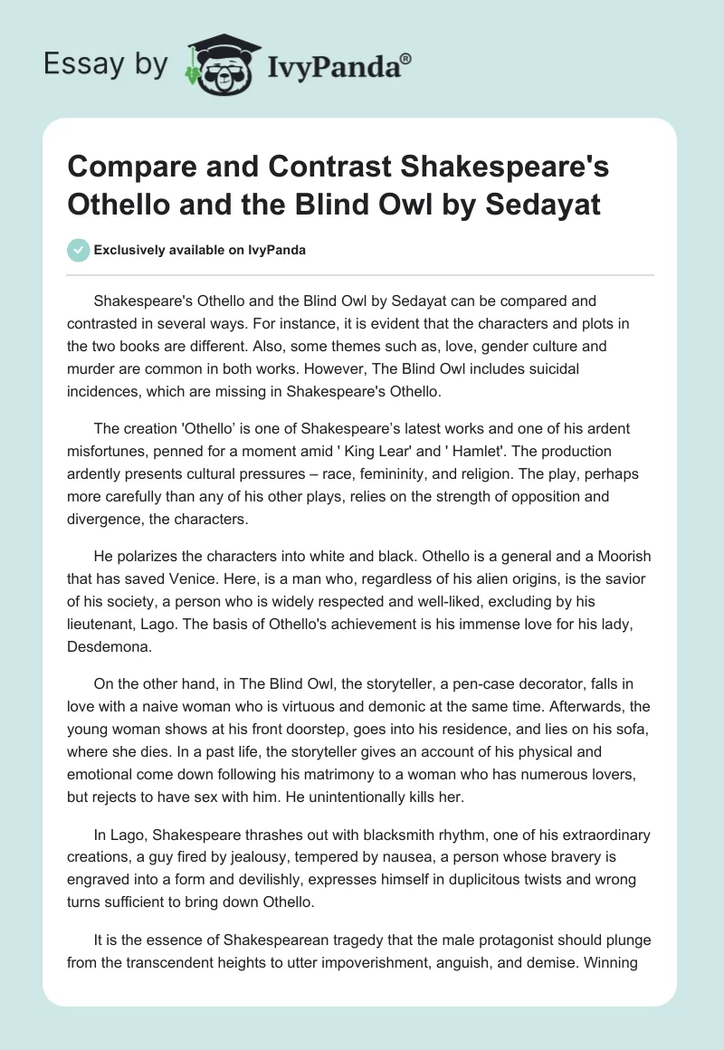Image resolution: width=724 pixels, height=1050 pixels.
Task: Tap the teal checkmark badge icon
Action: pyautogui.click(x=78, y=250)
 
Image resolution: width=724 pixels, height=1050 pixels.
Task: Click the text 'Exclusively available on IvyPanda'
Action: pyautogui.click(x=199, y=251)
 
